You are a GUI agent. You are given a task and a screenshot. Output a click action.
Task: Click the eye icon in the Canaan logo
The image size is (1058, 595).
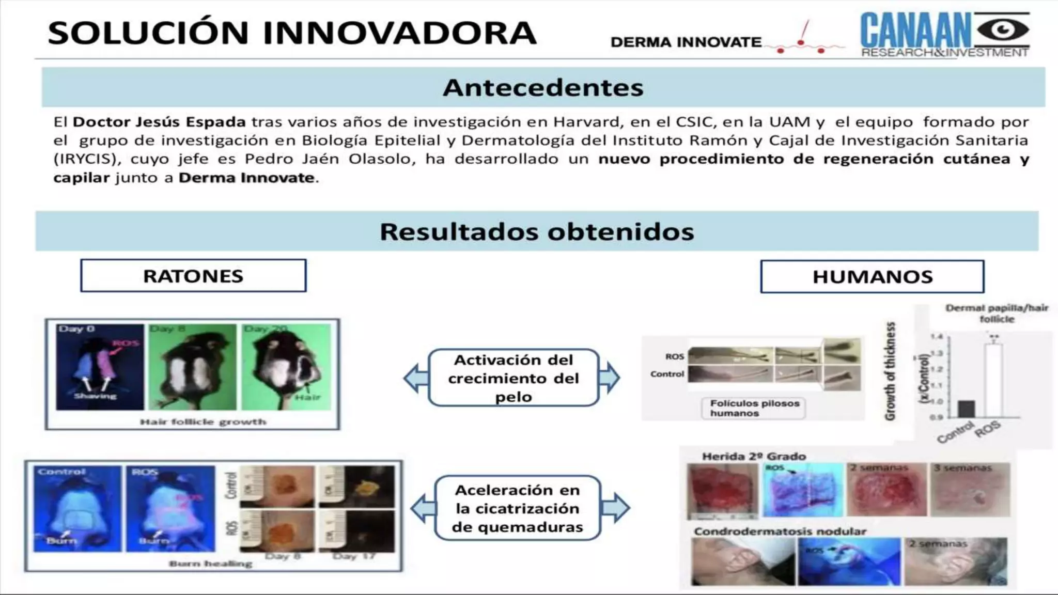pyautogui.click(x=1003, y=30)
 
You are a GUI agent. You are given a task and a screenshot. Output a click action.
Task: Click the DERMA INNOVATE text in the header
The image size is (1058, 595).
pyautogui.click(x=686, y=42)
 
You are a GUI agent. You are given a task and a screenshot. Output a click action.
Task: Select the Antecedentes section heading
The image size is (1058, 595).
pyautogui.click(x=543, y=87)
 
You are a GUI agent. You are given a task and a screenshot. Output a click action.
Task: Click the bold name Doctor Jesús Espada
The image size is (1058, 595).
pyautogui.click(x=159, y=122)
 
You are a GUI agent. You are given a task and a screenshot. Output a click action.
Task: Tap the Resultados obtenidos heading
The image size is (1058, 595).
pyautogui.click(x=537, y=231)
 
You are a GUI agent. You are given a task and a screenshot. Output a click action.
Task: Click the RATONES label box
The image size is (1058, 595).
pyautogui.click(x=193, y=276)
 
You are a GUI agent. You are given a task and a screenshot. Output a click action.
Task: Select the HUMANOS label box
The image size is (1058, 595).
pyautogui.click(x=872, y=277)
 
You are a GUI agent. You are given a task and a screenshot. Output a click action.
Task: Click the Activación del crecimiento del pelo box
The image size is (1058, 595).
pyautogui.click(x=514, y=378)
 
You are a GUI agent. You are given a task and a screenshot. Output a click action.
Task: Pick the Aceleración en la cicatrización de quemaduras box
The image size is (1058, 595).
pyautogui.click(x=517, y=508)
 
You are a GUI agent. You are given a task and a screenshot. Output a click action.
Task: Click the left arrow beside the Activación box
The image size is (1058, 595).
pyautogui.click(x=415, y=378)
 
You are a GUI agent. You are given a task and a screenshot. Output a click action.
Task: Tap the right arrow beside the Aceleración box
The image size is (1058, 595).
pyautogui.click(x=615, y=508)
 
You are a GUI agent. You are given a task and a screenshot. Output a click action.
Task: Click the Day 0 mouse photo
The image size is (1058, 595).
pyautogui.click(x=100, y=367)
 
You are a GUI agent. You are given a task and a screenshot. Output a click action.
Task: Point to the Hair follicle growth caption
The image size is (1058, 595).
pyautogui.click(x=203, y=422)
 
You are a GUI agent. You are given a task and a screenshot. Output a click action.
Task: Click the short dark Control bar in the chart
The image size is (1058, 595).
pyautogui.click(x=966, y=409)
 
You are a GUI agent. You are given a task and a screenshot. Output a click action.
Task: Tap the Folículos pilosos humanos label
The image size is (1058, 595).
pyautogui.click(x=754, y=408)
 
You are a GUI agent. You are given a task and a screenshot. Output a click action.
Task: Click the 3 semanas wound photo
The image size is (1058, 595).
pyautogui.click(x=970, y=490)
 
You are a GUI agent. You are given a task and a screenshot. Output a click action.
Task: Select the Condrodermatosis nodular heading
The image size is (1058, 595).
pyautogui.click(x=780, y=531)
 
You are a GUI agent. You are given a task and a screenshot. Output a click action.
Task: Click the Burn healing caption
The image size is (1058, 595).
pyautogui.click(x=210, y=563)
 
